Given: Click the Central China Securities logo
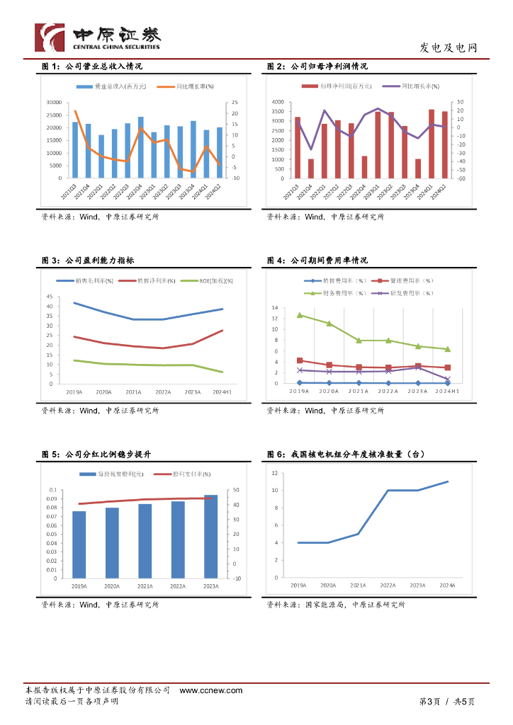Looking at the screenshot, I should (98, 37).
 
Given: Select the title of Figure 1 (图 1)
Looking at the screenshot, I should (93, 67).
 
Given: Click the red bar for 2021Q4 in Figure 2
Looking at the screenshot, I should (310, 169).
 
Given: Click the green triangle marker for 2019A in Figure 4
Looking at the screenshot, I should (300, 315).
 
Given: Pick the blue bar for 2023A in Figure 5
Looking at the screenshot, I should (210, 536).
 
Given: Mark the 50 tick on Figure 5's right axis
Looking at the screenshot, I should (236, 490).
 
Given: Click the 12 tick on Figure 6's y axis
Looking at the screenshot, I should (274, 472).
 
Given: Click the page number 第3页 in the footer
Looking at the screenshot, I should (429, 702).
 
